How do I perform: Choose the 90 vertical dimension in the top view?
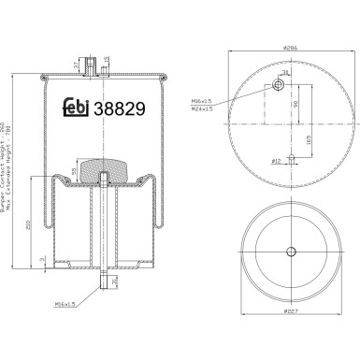[x=296, y=106]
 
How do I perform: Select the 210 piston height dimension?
[x=29, y=223]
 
